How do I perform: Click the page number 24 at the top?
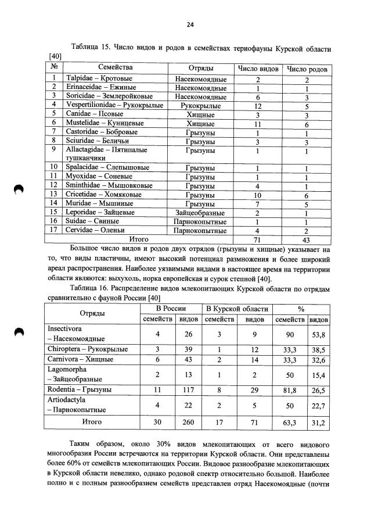[190, 24]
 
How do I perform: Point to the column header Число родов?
[307, 69]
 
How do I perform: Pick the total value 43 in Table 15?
[307, 239]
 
